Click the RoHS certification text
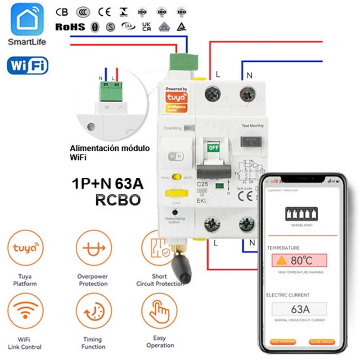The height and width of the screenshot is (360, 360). [70, 27]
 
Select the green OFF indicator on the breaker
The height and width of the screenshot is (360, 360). [212, 147]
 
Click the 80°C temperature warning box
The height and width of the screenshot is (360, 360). [299, 261]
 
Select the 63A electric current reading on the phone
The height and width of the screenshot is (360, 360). [299, 309]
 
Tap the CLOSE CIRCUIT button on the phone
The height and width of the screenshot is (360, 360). [322, 342]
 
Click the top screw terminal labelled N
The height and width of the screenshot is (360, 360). [247, 95]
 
